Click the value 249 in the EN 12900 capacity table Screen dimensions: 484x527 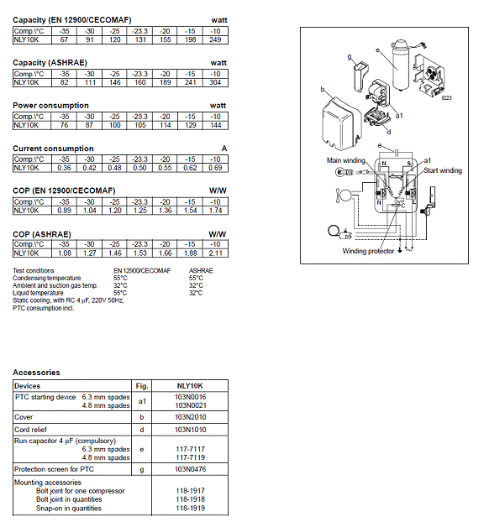pyautogui.click(x=215, y=39)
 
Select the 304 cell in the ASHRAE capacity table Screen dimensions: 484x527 pyautogui.click(x=215, y=82)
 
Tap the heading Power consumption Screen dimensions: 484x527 pyautogui.click(x=50, y=106)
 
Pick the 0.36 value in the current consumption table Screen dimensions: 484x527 pyautogui.click(x=65, y=168)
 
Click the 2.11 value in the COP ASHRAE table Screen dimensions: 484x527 pyautogui.click(x=215, y=253)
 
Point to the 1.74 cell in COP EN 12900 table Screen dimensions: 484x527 pyautogui.click(x=215, y=211)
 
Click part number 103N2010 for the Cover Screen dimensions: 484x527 pyautogui.click(x=190, y=417)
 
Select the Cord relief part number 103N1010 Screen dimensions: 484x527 pyautogui.click(x=190, y=430)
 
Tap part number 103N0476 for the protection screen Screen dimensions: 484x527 pyautogui.click(x=190, y=469)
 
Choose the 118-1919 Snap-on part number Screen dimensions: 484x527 pyautogui.click(x=190, y=509)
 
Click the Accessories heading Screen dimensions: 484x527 pyautogui.click(x=36, y=373)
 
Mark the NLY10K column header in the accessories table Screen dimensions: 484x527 pyautogui.click(x=190, y=386)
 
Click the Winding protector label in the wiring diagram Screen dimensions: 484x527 pyautogui.click(x=368, y=251)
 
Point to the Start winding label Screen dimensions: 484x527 pyautogui.click(x=443, y=170)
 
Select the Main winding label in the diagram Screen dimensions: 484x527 pyautogui.click(x=345, y=160)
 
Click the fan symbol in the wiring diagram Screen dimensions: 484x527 pyautogui.click(x=343, y=196)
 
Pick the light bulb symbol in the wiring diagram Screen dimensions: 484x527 pyautogui.click(x=341, y=172)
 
